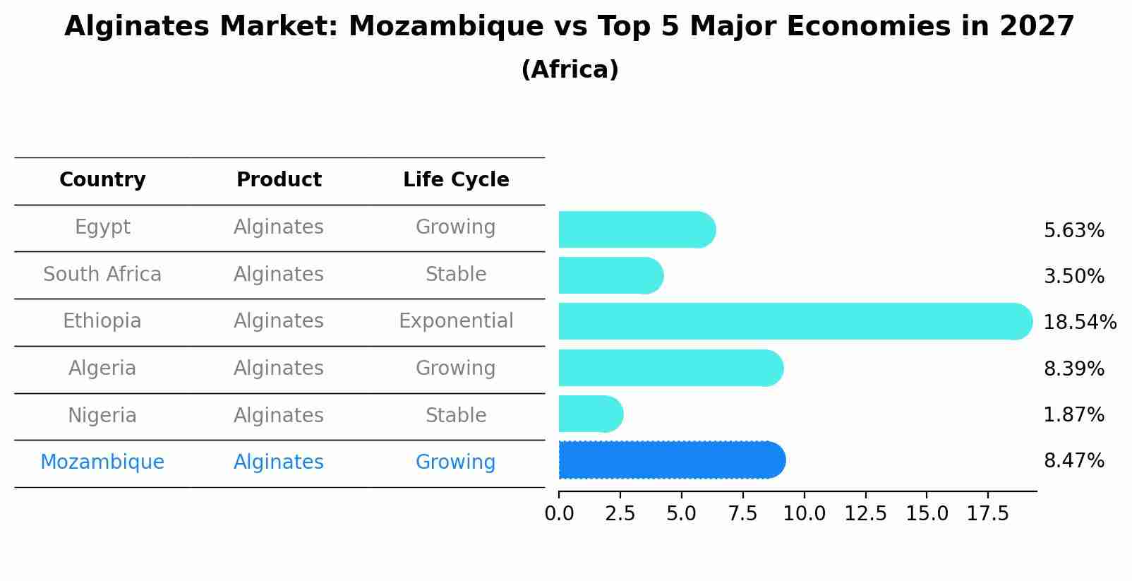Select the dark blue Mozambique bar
(x=671, y=460)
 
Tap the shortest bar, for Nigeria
(x=590, y=414)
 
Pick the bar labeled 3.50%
(x=610, y=275)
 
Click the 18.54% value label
(x=1079, y=323)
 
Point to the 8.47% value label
(x=1073, y=461)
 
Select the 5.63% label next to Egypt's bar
(x=1073, y=231)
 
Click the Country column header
(x=102, y=180)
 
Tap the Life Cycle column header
(x=456, y=180)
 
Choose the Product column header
(x=279, y=180)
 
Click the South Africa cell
(x=102, y=275)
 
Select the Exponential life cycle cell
(x=456, y=321)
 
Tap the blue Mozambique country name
(x=102, y=462)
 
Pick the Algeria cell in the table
(x=102, y=369)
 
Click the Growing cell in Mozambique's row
(x=456, y=462)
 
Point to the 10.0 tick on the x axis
(x=804, y=514)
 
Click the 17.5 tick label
(x=988, y=514)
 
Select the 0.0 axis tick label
(x=559, y=514)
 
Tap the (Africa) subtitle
(x=570, y=70)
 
